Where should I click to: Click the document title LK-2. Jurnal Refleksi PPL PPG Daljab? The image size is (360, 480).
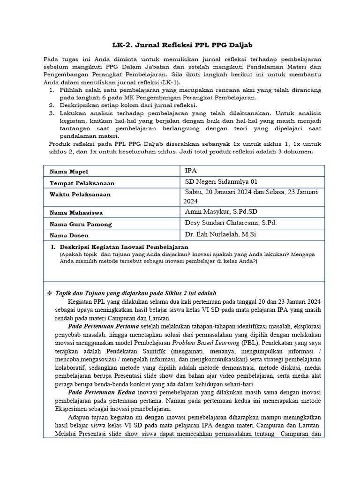tap(182, 45)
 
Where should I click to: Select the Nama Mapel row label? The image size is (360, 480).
tap(69, 172)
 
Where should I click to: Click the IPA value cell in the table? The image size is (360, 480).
tap(191, 171)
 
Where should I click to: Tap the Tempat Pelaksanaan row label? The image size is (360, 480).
tap(82, 183)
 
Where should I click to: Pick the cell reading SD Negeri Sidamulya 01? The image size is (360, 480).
tap(221, 182)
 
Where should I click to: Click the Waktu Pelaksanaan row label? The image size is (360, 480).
tap(80, 195)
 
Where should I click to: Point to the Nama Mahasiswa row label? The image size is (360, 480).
tap(76, 213)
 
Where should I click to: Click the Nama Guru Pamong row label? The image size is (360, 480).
tap(81, 225)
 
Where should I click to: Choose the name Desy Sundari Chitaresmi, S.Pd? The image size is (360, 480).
tap(231, 223)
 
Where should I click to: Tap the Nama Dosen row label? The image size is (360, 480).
tap(69, 235)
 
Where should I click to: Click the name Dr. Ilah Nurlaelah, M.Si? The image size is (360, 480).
tap(221, 234)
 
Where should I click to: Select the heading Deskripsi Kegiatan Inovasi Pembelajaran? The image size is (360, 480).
tap(124, 247)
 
